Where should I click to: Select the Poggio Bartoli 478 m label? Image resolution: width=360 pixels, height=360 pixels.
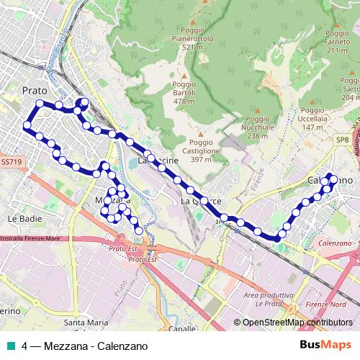(x=184, y=92)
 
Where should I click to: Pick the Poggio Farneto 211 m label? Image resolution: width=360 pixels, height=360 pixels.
(x=338, y=42)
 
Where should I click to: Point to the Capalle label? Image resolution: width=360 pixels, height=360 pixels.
(x=181, y=328)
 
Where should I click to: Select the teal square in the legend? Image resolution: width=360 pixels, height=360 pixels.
(x=11, y=346)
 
